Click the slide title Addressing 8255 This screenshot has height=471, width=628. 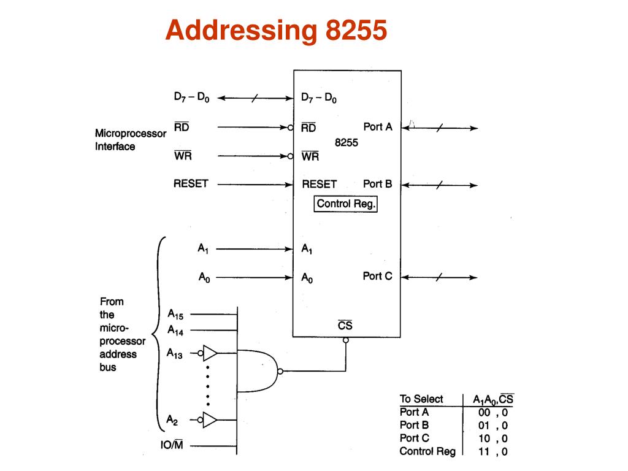[276, 30]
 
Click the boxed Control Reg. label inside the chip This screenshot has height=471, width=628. [346, 204]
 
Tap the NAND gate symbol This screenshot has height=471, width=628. [258, 370]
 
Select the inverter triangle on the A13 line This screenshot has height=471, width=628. [210, 353]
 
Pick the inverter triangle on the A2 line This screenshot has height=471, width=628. [210, 420]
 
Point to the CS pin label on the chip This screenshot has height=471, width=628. [345, 325]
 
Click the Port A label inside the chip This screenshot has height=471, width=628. [377, 127]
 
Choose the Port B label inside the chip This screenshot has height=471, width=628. [377, 183]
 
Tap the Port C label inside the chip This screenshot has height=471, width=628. [377, 276]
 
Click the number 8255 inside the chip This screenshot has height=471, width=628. [346, 142]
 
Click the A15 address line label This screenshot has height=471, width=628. [175, 314]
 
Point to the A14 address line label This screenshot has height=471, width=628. [175, 329]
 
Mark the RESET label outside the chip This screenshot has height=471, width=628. [191, 183]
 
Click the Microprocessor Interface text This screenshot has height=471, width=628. [130, 140]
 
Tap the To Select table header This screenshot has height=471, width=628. [421, 399]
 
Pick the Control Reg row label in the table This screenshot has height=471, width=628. [427, 451]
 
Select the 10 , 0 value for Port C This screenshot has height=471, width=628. [493, 438]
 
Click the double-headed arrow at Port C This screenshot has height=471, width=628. [438, 277]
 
